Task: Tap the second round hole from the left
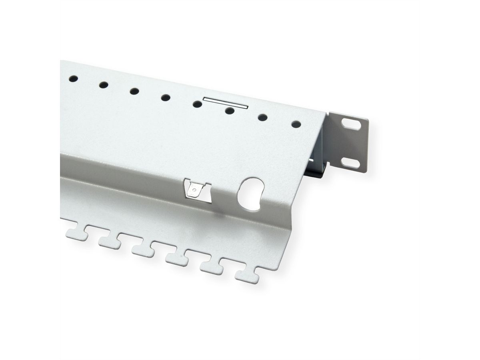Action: click(x=104, y=84)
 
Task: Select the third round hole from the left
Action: click(x=134, y=91)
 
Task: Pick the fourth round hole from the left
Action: click(x=166, y=97)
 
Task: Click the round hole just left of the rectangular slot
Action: click(x=197, y=104)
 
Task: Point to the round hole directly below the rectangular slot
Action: click(x=229, y=111)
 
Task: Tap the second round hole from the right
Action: click(x=262, y=118)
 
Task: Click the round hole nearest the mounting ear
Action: click(x=296, y=124)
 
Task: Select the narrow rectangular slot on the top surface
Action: click(x=226, y=102)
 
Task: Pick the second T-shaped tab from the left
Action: click(x=109, y=242)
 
